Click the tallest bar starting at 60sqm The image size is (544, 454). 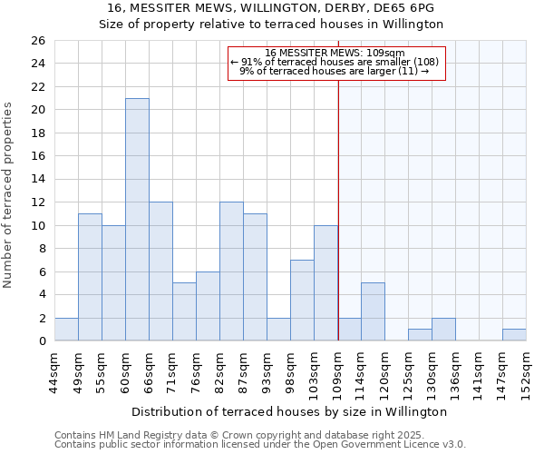click(x=137, y=220)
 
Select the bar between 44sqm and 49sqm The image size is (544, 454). click(x=66, y=330)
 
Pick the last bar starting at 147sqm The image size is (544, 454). click(x=514, y=335)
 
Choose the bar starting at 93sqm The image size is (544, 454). click(x=278, y=330)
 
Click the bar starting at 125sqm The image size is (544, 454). click(x=420, y=335)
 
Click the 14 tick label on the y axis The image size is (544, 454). click(x=37, y=180)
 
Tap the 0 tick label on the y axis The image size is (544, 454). click(x=41, y=341)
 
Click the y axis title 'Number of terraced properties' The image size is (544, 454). click(x=9, y=194)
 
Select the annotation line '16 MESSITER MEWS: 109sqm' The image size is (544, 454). click(x=336, y=53)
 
